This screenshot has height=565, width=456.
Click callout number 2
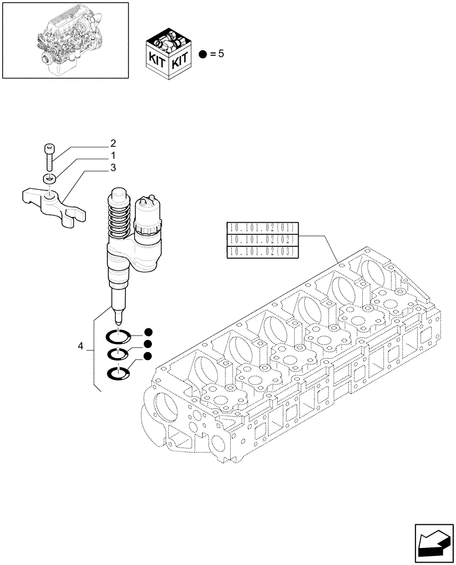pyautogui.click(x=113, y=143)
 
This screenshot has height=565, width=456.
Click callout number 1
pyautogui.click(x=113, y=155)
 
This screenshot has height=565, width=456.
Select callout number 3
pyautogui.click(x=113, y=168)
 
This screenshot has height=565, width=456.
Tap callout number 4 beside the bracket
pyautogui.click(x=81, y=345)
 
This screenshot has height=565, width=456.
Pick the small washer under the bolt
pyautogui.click(x=49, y=179)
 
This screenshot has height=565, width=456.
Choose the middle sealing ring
pyautogui.click(x=119, y=355)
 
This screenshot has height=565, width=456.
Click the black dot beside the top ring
pyautogui.click(x=148, y=332)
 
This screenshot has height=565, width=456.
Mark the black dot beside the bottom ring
pyautogui.click(x=148, y=356)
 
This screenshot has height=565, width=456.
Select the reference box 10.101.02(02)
pyautogui.click(x=262, y=240)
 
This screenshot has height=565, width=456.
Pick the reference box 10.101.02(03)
pyautogui.click(x=262, y=252)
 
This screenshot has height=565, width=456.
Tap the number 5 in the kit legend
pyautogui.click(x=221, y=55)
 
